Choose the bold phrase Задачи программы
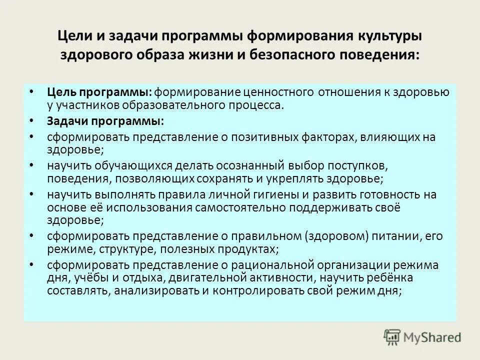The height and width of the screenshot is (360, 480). click(105, 121)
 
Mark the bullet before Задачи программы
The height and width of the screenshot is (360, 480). click(32, 121)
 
